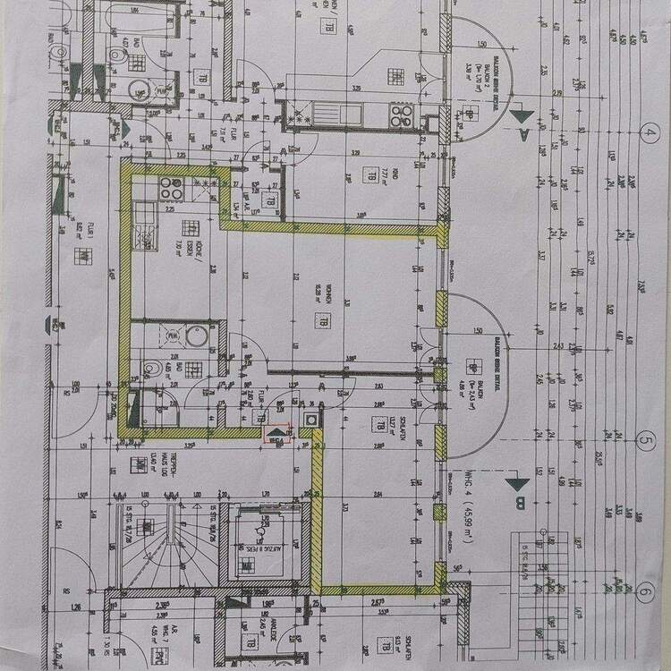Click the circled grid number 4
[650, 136]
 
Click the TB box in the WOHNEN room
[319, 321]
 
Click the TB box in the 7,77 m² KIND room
[368, 175]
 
